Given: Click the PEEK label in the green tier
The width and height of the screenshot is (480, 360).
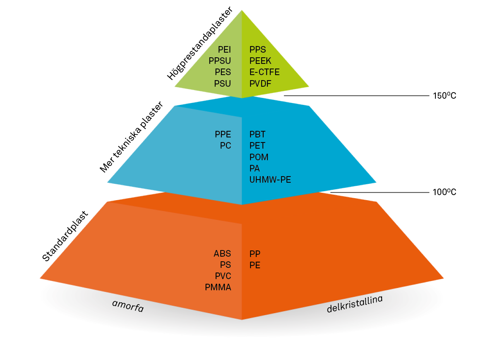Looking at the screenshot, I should click(261, 61).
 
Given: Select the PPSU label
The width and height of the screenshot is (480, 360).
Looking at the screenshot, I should click(219, 61).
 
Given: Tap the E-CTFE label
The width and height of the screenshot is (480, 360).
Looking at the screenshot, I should click(264, 72).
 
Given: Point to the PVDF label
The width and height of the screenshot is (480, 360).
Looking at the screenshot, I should click(261, 84).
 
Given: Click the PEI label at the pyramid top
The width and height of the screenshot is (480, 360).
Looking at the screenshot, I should click(224, 50).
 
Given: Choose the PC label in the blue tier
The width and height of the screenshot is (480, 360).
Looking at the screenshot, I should click(225, 146).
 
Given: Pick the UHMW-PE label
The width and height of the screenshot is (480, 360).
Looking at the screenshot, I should click(270, 180).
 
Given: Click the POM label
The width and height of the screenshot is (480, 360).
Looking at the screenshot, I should click(259, 157).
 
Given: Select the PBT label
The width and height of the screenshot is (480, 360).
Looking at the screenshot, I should click(257, 135).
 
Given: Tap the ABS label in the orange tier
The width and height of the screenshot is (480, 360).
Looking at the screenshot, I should click(222, 254).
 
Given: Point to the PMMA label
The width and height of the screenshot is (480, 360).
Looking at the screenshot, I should click(218, 288).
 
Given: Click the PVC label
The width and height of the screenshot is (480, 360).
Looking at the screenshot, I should click(223, 276).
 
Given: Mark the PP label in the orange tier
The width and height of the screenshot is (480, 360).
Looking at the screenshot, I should click(255, 254).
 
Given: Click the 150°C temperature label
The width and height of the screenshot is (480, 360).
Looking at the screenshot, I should click(444, 96).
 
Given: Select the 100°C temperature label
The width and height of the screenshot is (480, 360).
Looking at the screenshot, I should click(444, 192).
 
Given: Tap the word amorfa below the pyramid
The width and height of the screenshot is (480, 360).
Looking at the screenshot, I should click(128, 306).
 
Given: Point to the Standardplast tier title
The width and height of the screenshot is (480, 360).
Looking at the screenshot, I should click(65, 236).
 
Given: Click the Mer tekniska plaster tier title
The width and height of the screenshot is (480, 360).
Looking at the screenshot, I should click(132, 137).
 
